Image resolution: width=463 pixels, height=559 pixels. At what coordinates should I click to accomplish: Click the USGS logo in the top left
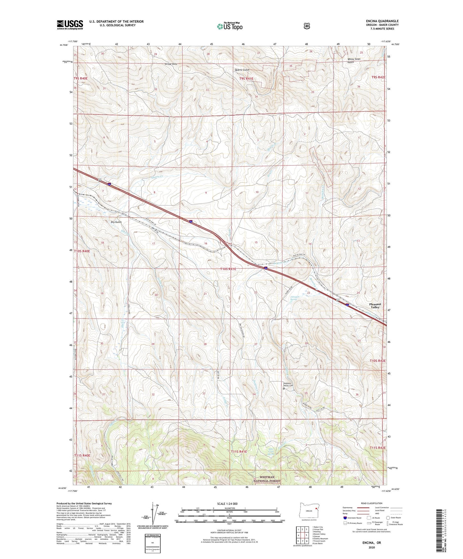[70, 25]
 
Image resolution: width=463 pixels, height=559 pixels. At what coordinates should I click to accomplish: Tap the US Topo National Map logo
[229, 26]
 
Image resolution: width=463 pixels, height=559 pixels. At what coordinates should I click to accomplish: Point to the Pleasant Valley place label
[375, 305]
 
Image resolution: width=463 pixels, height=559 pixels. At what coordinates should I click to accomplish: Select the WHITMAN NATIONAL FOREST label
[267, 479]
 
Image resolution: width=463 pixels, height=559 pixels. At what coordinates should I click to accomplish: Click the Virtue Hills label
[170, 64]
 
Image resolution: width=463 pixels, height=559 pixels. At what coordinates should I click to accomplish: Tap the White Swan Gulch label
[354, 61]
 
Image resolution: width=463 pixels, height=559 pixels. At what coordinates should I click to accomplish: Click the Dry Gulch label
[116, 222]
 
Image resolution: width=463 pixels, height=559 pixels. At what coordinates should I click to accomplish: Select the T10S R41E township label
[228, 269]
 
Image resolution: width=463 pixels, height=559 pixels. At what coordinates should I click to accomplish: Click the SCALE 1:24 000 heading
[227, 504]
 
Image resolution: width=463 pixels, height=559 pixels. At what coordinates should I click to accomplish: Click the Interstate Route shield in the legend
[345, 518]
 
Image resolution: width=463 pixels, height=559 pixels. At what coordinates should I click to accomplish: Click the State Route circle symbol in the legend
[388, 518]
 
